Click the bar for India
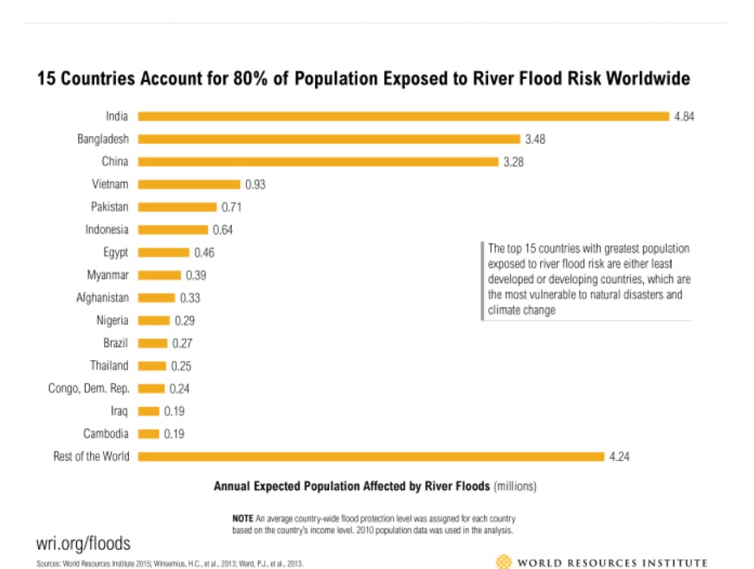403,116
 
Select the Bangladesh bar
329,139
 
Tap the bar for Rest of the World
371,456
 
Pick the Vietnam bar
189,184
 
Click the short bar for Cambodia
149,434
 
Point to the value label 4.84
684,116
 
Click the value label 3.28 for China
513,162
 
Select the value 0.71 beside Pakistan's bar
231,207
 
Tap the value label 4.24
619,456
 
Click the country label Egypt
114,252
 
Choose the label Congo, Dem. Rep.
88,389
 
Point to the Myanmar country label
107,275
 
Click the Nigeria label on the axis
113,320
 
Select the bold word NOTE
242,517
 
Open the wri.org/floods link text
83,543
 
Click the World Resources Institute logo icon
502,562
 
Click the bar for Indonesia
173,230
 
